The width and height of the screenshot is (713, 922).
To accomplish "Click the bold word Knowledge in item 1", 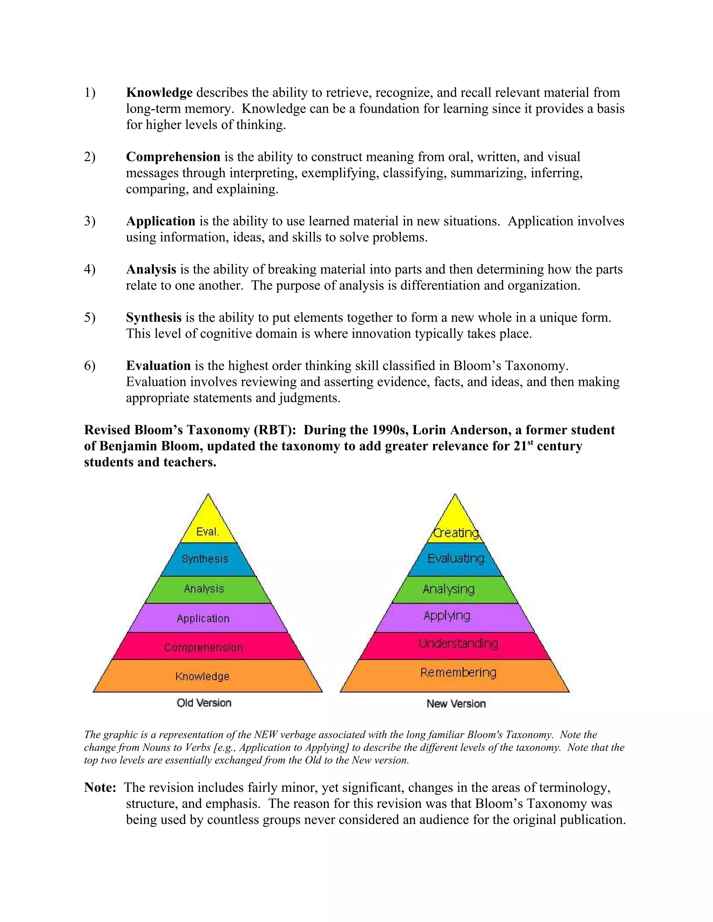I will click(159, 93).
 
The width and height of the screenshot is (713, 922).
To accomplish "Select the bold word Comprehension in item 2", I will click(173, 157).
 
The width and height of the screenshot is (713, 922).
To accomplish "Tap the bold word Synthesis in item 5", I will click(154, 317).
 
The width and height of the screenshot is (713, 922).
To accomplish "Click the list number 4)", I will click(89, 269).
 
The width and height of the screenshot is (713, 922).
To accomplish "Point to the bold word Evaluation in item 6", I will click(158, 365).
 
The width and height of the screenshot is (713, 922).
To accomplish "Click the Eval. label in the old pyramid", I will click(207, 532).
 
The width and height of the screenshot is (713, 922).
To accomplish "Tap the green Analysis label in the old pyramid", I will click(204, 588).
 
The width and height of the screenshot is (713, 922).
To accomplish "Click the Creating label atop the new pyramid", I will click(456, 533).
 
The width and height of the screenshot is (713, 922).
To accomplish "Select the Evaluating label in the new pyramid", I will click(456, 558).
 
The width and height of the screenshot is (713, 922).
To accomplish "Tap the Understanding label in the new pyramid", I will click(458, 643).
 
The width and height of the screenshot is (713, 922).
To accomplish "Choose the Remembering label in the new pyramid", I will click(458, 672).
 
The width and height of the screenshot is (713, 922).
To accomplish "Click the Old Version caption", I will click(204, 703).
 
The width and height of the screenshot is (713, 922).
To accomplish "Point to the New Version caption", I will click(456, 704).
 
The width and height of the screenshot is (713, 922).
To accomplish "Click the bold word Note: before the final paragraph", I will click(100, 787).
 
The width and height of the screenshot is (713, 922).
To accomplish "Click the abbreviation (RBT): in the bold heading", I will click(275, 430).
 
